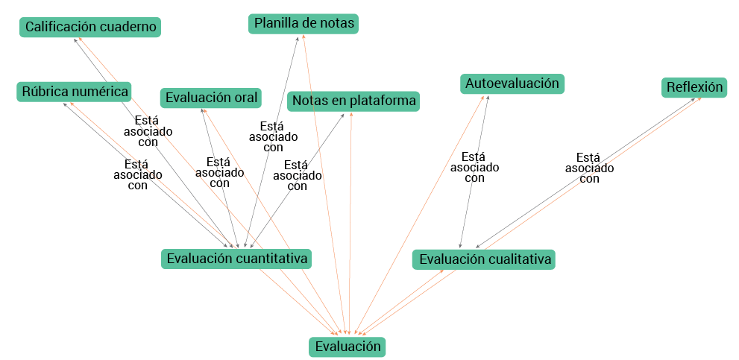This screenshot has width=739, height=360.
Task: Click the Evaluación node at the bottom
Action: coord(348,347)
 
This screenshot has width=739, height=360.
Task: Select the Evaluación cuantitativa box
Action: coord(237,259)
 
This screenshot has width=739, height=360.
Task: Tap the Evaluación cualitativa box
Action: coord(485,259)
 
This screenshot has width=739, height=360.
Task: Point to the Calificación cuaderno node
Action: coord(91,28)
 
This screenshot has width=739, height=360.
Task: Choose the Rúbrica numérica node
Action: coord(75,92)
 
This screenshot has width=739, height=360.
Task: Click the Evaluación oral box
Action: coord(212,98)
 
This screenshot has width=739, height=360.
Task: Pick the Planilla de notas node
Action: coord(304,24)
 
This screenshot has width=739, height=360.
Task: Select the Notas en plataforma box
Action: coord(353,101)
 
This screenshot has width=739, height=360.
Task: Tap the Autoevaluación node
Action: coord(512,83)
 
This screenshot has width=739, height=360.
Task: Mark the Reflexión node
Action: coord(694,88)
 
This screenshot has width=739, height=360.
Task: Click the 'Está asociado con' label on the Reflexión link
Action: coord(589,168)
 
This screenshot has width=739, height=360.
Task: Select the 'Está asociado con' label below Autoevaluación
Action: coord(474,168)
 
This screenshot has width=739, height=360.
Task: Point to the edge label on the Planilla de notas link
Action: coord(273,136)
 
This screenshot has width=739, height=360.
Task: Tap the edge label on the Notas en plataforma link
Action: coord(297,176)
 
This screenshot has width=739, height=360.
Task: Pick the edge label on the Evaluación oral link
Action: coord(219,172)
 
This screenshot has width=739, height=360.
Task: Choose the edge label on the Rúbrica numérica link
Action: coord(137,175)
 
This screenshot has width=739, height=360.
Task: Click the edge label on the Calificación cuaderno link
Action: coord(148,131)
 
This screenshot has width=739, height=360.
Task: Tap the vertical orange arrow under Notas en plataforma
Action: coord(350,224)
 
